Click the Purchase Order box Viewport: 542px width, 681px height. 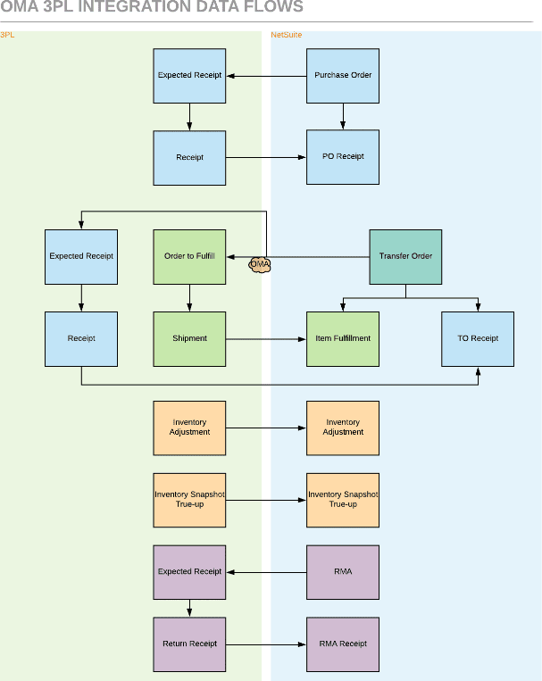click(x=343, y=75)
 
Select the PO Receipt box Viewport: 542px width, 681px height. click(x=343, y=157)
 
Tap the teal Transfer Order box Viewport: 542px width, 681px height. click(x=405, y=256)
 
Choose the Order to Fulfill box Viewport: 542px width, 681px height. click(x=189, y=256)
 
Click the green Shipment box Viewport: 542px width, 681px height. click(x=189, y=338)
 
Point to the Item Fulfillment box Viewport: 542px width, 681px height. click(x=343, y=338)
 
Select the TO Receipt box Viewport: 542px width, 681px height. click(x=478, y=338)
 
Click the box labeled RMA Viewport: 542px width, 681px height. click(x=343, y=571)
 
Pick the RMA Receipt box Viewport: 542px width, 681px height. click(x=343, y=644)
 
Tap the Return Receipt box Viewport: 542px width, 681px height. click(x=189, y=644)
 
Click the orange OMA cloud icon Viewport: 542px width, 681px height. click(x=259, y=264)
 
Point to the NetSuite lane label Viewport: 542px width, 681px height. click(x=287, y=36)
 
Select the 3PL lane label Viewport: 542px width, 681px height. click(x=7, y=36)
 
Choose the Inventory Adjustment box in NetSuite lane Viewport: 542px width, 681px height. click(x=343, y=428)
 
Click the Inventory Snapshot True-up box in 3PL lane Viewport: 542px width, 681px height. click(x=189, y=500)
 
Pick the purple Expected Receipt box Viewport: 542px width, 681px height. click(x=189, y=571)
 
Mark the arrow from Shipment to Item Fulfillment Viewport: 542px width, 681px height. click(x=266, y=338)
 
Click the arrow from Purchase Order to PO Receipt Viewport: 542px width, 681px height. click(x=343, y=116)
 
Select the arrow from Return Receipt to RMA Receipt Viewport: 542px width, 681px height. click(x=266, y=644)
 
